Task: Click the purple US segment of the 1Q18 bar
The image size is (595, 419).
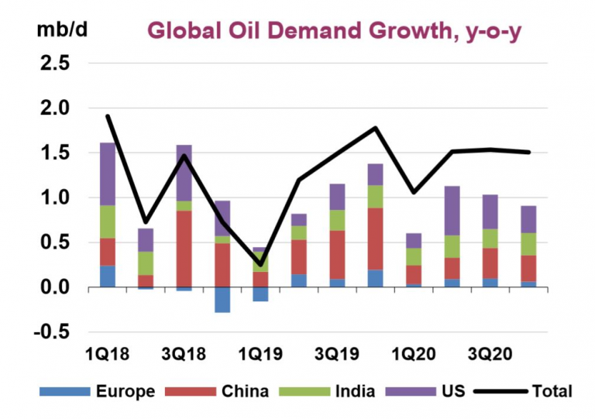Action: (x=108, y=174)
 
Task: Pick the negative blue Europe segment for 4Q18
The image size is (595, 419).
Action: (x=222, y=300)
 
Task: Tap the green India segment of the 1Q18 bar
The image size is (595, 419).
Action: (x=108, y=222)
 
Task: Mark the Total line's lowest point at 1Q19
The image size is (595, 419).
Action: (x=260, y=266)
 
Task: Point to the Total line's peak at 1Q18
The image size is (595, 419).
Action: (x=108, y=116)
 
